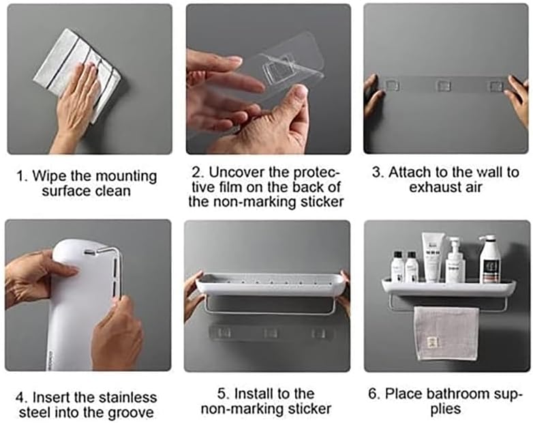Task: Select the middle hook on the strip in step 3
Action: coord(444,85)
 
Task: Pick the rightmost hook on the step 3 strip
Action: coord(496,85)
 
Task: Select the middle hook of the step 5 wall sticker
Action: coord(271,334)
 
